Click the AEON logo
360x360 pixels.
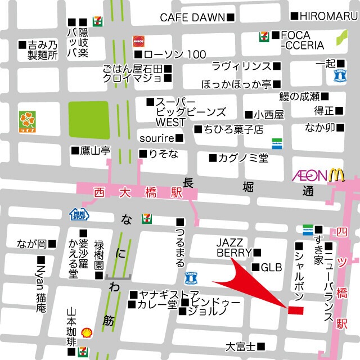[x=309, y=175]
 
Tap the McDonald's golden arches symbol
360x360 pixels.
[x=336, y=175]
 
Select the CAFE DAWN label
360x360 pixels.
[x=192, y=17]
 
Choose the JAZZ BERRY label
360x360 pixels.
[x=233, y=247]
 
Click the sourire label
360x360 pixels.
[x=157, y=138]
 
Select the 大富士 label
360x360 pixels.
[x=241, y=346]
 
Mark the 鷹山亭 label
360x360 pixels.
[x=97, y=151]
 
